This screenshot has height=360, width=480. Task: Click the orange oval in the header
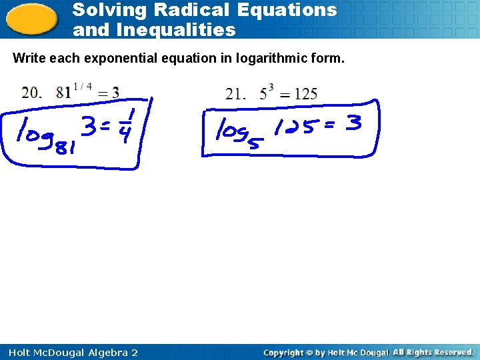pyautogui.click(x=31, y=19)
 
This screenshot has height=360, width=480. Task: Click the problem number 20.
pyautogui.click(x=30, y=93)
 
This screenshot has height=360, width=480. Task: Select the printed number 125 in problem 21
pyautogui.click(x=305, y=93)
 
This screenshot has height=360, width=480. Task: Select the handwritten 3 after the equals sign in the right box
pyautogui.click(x=354, y=123)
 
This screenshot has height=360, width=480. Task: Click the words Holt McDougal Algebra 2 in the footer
pyautogui.click(x=70, y=352)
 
